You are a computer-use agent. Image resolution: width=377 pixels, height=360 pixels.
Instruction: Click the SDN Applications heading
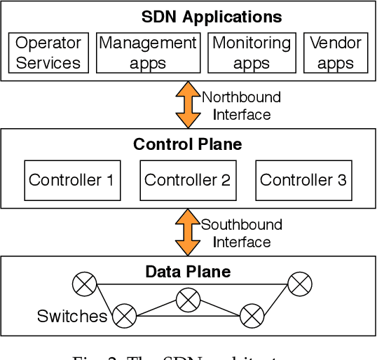(x=212, y=17)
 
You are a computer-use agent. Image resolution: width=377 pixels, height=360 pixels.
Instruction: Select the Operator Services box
(x=48, y=53)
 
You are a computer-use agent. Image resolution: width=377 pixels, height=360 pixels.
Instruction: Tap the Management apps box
(x=147, y=53)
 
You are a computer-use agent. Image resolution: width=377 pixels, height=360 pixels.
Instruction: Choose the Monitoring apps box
(x=251, y=53)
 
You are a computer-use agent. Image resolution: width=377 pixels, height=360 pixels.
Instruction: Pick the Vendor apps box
(x=336, y=53)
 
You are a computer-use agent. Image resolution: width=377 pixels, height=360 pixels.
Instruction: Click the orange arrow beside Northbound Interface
(x=188, y=105)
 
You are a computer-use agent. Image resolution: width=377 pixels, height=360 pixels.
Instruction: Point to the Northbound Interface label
(x=241, y=105)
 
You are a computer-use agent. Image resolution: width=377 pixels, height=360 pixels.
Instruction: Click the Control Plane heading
(x=187, y=145)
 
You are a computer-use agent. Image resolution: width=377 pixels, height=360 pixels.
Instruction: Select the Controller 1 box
(x=71, y=180)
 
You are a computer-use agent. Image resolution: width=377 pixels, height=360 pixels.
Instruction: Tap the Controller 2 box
(x=187, y=180)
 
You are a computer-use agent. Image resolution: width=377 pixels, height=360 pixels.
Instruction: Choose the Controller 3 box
(x=303, y=180)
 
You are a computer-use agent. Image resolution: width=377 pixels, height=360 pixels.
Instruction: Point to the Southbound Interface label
(x=241, y=233)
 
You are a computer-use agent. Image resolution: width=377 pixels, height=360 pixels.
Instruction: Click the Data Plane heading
(x=188, y=272)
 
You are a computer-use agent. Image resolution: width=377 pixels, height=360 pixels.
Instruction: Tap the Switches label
(x=72, y=316)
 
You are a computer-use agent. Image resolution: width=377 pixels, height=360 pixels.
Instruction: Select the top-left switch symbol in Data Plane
(x=85, y=284)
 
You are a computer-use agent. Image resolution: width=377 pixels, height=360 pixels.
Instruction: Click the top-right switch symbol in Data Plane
(x=300, y=284)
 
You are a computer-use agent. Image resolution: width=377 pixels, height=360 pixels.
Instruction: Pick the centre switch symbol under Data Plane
(x=188, y=300)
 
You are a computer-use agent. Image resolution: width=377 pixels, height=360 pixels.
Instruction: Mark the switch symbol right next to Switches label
(x=125, y=316)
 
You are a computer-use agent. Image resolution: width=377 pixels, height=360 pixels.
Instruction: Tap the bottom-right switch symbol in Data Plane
(x=251, y=316)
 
